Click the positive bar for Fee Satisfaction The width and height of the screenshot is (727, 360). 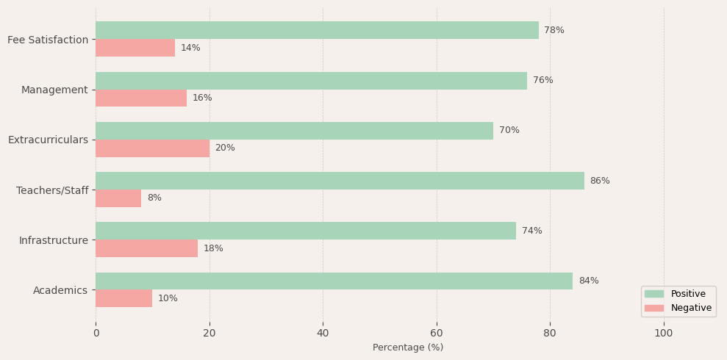(317, 30)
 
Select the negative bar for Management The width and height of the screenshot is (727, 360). (141, 98)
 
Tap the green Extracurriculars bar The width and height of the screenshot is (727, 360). (294, 131)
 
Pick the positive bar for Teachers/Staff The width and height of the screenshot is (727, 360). (340, 181)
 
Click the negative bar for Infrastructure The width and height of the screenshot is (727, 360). (146, 248)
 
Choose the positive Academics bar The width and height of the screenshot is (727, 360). (334, 281)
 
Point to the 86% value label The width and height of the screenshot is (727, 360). (600, 181)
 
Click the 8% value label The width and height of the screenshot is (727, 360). (154, 198)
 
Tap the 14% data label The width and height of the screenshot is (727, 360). (190, 48)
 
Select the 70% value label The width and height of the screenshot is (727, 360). (509, 131)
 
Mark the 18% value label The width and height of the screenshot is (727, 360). (213, 248)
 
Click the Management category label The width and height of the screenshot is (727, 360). (54, 90)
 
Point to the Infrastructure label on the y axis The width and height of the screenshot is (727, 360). (53, 240)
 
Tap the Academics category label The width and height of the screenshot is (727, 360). (60, 290)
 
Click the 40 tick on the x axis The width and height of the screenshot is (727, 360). (323, 333)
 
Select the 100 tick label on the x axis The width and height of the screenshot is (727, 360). (664, 333)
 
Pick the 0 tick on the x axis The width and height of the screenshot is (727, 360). (96, 333)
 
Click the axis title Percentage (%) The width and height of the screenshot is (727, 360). (408, 348)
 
